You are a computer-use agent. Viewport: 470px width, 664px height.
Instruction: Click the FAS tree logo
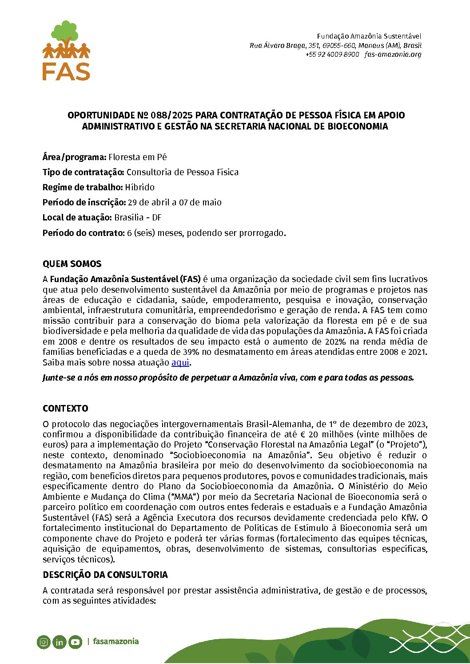tap(66, 50)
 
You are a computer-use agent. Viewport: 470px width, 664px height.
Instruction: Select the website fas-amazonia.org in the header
tap(393, 55)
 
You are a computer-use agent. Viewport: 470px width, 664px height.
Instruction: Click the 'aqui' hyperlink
tap(180, 362)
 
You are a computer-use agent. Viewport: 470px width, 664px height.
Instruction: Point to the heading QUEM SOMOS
tap(72, 264)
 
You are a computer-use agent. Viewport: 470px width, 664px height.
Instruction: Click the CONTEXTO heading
tap(65, 409)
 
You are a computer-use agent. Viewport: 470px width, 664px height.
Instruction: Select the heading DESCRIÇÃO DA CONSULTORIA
tap(105, 575)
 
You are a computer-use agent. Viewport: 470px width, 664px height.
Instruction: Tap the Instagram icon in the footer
tap(44, 641)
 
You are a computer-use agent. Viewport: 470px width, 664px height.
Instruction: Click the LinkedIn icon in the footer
tap(59, 641)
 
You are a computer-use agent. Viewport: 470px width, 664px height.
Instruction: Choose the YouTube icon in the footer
tap(75, 641)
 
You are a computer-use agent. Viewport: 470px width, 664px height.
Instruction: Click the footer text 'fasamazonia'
tap(116, 641)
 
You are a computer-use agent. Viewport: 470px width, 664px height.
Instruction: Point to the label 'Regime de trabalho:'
tap(83, 187)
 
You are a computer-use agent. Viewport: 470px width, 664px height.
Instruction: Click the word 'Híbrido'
tap(140, 187)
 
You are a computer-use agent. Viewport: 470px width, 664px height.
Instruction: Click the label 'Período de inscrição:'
tap(84, 202)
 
